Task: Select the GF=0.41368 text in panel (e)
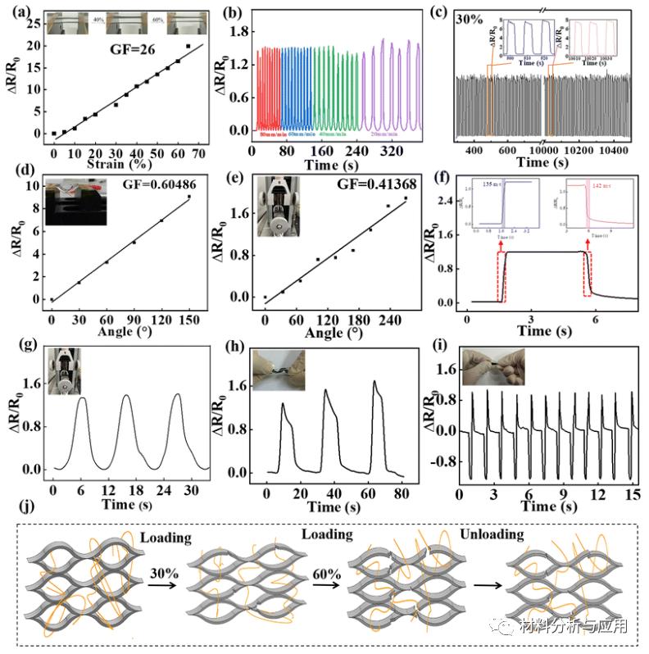[x=371, y=185]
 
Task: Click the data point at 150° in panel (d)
[x=189, y=197]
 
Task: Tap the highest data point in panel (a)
[x=188, y=47]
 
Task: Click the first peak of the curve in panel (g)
[x=82, y=397]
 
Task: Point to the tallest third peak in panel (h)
[x=375, y=381]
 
